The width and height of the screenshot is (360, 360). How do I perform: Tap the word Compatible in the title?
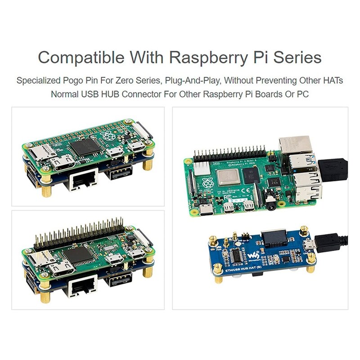(74, 58)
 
